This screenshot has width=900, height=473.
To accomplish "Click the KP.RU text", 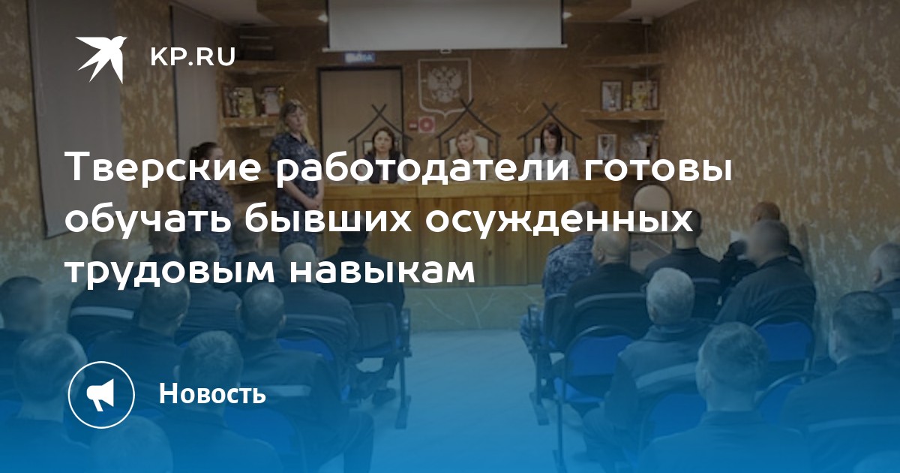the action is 193,57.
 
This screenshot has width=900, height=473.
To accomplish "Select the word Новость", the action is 212,393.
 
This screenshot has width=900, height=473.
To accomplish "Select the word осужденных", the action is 560,222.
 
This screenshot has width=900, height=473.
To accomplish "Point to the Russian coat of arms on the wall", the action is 443,86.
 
